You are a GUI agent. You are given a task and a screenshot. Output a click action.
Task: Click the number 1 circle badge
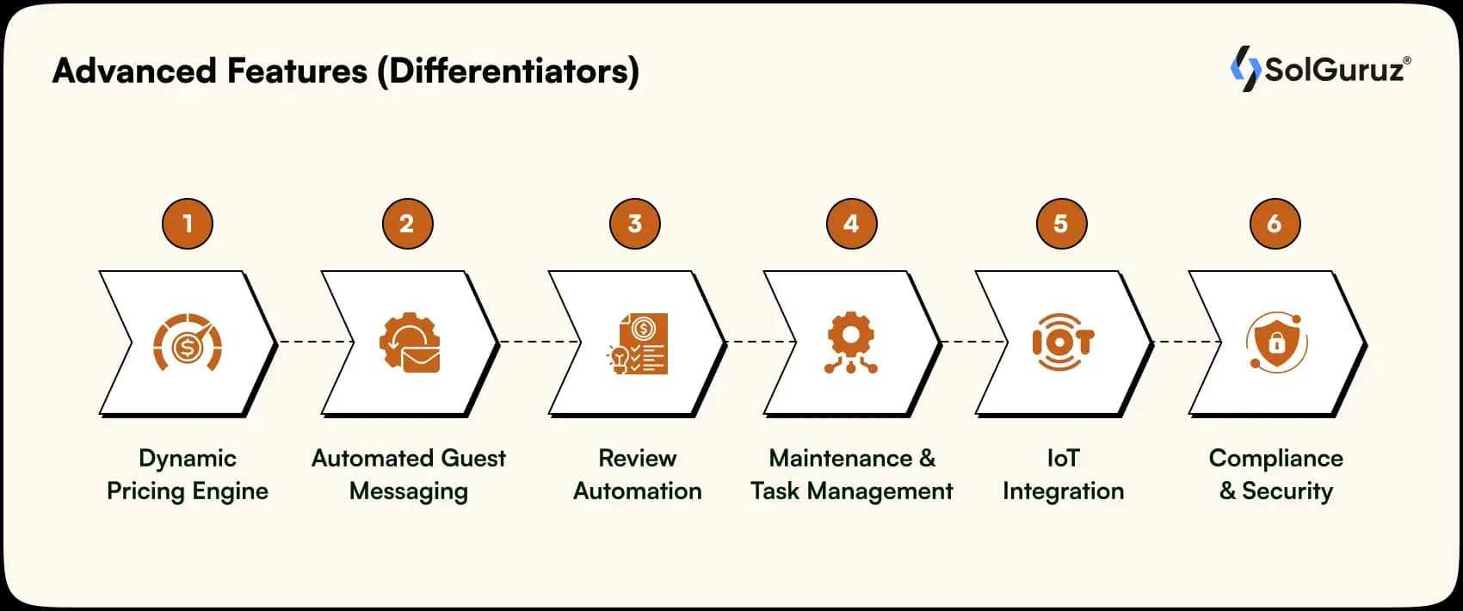[188, 224]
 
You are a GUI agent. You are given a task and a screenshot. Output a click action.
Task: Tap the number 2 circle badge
[407, 224]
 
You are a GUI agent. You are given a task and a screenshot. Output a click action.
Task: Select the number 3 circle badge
[634, 224]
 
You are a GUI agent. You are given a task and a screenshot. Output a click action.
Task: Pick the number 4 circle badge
[851, 224]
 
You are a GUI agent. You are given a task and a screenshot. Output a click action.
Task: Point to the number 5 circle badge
[1061, 224]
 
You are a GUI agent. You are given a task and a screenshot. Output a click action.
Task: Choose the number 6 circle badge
[1275, 224]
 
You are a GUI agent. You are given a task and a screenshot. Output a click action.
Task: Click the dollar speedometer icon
[188, 343]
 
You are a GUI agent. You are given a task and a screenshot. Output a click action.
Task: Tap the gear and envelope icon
[410, 343]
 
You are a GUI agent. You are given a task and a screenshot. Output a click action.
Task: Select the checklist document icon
[638, 343]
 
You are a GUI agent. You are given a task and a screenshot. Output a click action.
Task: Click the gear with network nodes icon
[851, 343]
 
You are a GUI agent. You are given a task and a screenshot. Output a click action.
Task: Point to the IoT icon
[1063, 343]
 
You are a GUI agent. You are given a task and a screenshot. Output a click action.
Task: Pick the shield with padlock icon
[1276, 343]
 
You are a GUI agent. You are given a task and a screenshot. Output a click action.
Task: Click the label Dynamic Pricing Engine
[188, 474]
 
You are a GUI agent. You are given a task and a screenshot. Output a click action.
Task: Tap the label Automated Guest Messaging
[409, 474]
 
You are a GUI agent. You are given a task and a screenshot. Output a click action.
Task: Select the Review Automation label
[638, 474]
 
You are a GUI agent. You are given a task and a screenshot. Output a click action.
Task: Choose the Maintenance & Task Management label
[852, 474]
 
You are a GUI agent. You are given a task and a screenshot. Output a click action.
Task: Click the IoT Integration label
[1063, 474]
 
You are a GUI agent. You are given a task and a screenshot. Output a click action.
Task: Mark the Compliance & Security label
[1276, 474]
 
